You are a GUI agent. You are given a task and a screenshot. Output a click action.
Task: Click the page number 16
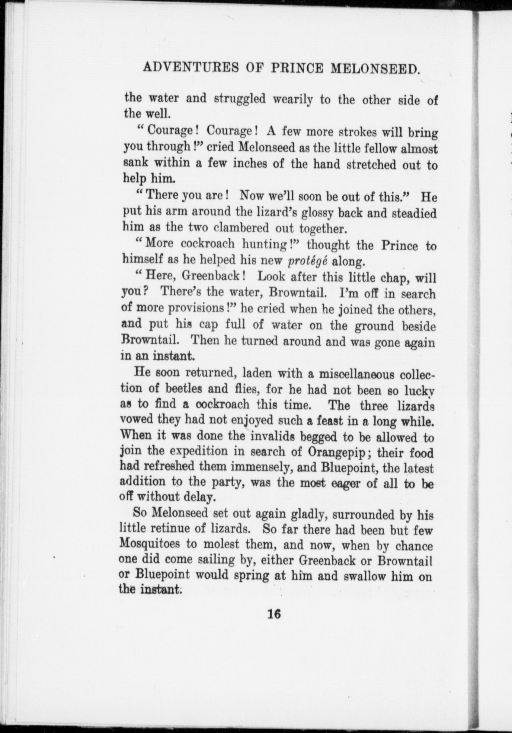tap(274, 613)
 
